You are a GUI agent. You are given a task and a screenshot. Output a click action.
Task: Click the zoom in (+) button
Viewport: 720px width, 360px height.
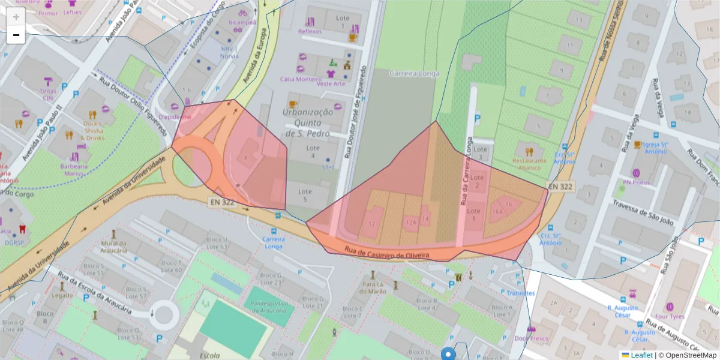tap(16, 17)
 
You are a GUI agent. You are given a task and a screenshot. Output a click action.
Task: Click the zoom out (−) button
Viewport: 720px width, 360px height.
tap(16, 35)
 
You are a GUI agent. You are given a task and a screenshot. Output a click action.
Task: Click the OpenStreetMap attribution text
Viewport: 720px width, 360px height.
tap(688, 355)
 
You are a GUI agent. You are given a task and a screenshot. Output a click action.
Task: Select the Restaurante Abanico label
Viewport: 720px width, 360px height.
tap(529, 164)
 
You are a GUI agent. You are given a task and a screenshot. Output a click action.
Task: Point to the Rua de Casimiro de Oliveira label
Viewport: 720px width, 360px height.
tap(387, 253)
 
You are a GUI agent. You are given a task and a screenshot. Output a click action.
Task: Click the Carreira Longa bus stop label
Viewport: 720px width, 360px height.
tap(274, 242)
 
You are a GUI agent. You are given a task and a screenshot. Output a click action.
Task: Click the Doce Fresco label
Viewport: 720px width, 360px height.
tap(531, 338)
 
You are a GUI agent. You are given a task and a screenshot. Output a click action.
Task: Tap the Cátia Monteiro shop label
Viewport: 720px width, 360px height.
tap(301, 79)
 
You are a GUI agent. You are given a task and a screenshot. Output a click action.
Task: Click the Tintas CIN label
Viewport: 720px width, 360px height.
tap(47, 94)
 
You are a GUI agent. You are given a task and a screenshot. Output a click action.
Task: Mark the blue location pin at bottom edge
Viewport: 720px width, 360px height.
tap(448, 354)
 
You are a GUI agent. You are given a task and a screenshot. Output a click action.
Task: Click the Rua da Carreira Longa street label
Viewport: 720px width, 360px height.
tap(466, 171)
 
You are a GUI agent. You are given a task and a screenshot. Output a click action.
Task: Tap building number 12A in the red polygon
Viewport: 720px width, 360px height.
tap(411, 222)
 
